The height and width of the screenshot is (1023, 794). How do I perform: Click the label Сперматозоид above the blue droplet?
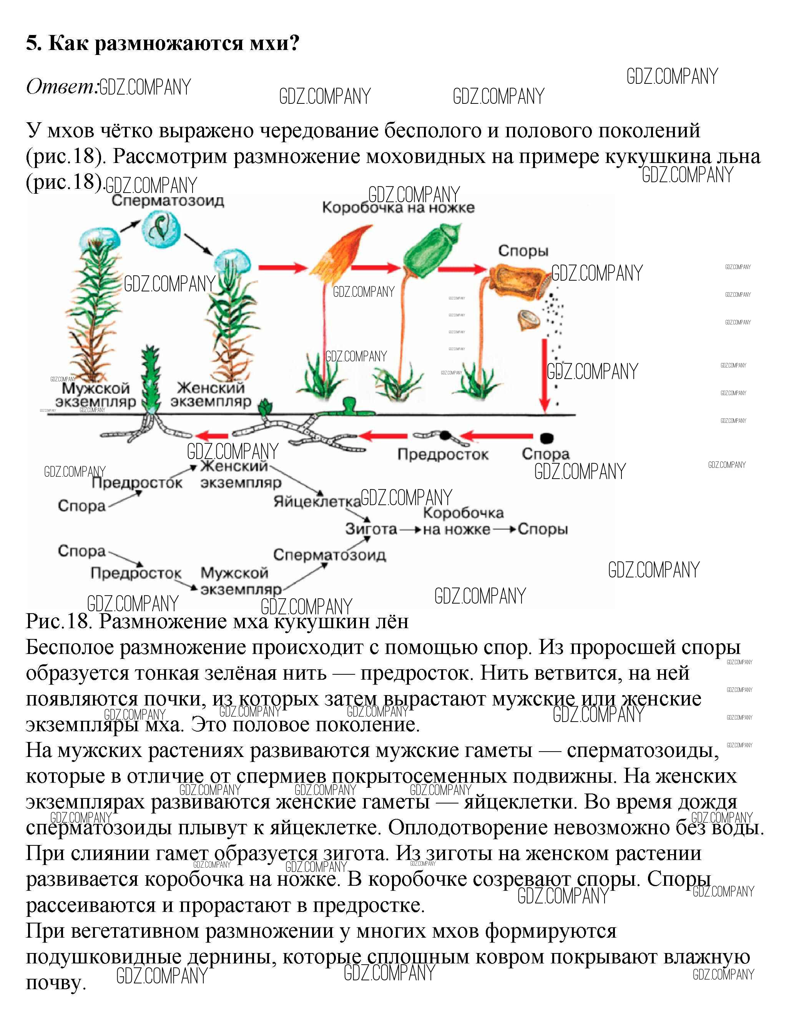coord(168,201)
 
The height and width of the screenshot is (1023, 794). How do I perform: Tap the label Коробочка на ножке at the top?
coord(398,208)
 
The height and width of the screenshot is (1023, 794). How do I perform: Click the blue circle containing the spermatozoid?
coord(161,229)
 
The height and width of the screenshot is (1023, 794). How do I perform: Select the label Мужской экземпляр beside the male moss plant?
coord(96,395)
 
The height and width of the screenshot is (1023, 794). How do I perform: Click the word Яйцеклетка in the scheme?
coord(317,502)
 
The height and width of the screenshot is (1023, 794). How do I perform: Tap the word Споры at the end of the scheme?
coord(543,529)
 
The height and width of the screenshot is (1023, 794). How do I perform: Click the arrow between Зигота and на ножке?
coord(410,530)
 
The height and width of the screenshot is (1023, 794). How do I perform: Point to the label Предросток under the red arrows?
coord(443,454)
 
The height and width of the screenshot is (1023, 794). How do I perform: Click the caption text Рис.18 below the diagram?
coord(58,622)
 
